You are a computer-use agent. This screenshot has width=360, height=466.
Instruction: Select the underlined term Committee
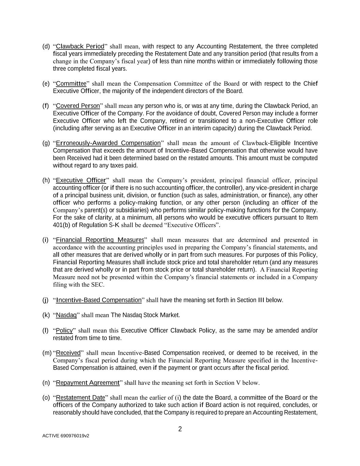(71, 84)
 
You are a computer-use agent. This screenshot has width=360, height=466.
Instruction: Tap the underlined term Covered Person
(78, 106)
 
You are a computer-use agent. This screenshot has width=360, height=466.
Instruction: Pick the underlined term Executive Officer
(81, 180)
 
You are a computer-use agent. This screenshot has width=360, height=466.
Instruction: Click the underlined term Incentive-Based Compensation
(99, 300)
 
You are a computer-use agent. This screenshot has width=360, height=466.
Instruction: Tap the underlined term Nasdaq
(66, 315)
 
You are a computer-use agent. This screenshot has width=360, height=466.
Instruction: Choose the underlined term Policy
(64, 330)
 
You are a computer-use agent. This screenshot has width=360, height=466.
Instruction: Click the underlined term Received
(68, 353)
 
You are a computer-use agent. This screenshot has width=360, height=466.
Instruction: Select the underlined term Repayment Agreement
(88, 383)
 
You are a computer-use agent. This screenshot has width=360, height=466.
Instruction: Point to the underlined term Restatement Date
(81, 398)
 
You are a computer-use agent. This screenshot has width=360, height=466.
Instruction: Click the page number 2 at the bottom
(180, 429)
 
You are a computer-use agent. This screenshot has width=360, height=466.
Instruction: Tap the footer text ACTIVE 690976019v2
(66, 436)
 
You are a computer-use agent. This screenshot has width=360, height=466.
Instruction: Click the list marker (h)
(46, 180)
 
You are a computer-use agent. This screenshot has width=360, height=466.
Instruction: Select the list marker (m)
(47, 353)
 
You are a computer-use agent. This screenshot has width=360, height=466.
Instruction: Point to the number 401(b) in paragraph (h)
(62, 225)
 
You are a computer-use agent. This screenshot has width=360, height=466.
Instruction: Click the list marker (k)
(46, 315)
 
